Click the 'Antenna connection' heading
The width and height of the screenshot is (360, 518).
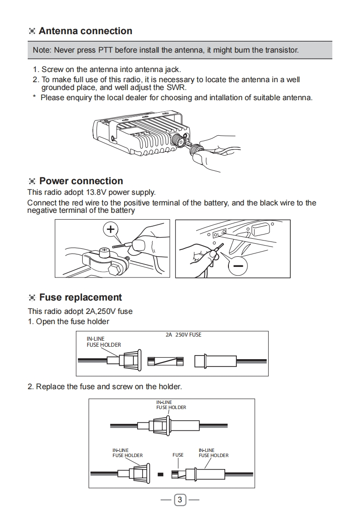coord(85,31)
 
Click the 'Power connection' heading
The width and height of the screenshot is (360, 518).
coord(81,181)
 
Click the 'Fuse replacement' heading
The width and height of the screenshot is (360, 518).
coord(80,297)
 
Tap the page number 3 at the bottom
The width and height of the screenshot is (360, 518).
coord(180,500)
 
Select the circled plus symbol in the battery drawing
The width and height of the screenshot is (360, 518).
coord(111,229)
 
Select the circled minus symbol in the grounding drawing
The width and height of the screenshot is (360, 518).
coord(238,265)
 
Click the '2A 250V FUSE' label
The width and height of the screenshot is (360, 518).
coord(183,335)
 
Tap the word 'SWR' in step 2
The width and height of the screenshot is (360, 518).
coord(176,87)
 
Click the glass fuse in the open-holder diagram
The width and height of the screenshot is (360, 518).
coord(166,361)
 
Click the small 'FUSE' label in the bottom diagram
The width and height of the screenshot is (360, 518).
coord(178,455)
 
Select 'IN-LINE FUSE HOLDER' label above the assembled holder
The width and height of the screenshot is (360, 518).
coord(171,405)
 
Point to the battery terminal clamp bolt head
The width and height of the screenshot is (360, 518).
coord(105,252)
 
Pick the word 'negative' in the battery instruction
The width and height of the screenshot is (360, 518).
coord(41,211)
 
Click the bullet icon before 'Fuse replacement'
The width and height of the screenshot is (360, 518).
coord(32,298)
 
